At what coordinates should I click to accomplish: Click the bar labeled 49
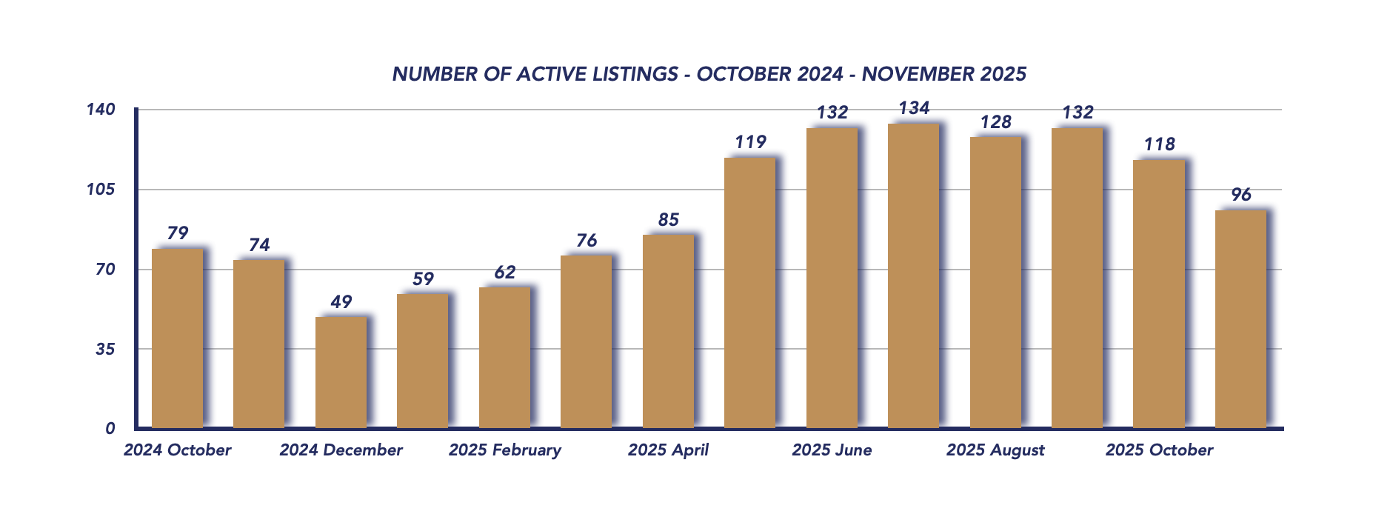341,373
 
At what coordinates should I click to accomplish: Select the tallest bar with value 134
913,275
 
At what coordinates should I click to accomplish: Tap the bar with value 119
749,293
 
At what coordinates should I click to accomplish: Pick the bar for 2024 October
177,338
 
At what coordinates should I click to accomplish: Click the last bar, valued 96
1240,318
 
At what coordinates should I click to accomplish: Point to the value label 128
995,122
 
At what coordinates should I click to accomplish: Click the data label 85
668,220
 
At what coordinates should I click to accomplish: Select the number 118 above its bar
1159,144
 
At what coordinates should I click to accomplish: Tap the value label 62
504,273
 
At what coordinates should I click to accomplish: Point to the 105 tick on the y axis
101,190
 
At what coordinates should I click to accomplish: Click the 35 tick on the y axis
105,349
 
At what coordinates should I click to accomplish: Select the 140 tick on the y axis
101,110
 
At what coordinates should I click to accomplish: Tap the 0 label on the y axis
110,428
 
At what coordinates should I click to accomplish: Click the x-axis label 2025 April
668,450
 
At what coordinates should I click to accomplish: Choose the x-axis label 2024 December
341,450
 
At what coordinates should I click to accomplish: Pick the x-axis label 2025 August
995,450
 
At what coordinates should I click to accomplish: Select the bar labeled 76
586,341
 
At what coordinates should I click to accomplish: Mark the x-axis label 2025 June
832,450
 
